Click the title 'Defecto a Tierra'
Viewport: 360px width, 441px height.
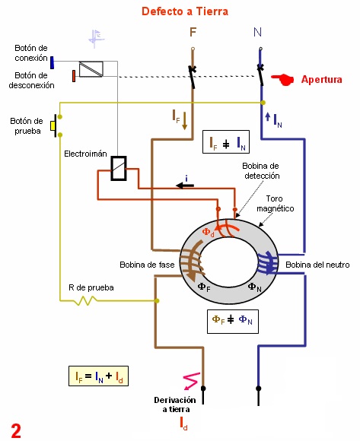185,11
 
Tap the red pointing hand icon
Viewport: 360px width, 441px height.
282,79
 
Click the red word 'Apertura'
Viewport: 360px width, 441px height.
321,80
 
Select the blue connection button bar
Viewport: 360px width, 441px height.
52,62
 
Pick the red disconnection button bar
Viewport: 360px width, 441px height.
74,76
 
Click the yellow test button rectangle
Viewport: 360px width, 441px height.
53,125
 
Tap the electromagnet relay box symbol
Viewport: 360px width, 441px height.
119,168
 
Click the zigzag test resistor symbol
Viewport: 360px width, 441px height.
85,300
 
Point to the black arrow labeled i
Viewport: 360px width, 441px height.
185,186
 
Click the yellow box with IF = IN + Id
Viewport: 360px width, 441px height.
98,376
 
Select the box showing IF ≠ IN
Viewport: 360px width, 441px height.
226,141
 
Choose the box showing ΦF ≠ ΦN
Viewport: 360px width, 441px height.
233,322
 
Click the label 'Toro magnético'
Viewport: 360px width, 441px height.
275,204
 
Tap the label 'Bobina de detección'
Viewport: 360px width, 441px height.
261,171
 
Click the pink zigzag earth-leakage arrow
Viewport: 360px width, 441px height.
191,381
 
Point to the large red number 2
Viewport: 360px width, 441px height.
16,430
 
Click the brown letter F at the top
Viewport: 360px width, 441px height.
193,33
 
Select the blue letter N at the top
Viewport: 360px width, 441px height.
257,32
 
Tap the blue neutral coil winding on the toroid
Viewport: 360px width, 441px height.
267,263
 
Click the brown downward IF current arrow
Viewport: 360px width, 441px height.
185,121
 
